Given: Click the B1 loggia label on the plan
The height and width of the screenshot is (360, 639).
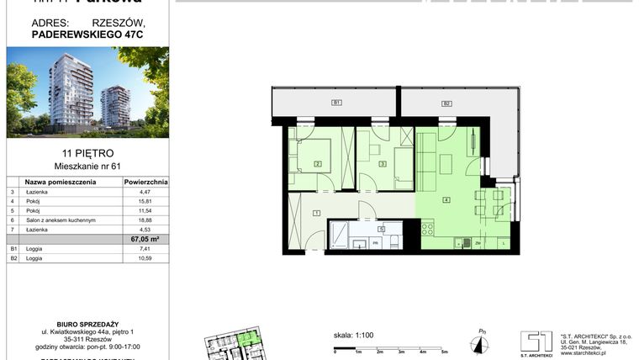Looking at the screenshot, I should (335, 103).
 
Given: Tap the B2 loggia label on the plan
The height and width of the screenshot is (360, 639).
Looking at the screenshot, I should (447, 103).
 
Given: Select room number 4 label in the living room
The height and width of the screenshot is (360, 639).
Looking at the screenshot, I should (447, 199).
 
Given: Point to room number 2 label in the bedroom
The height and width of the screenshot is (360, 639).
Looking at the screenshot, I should (318, 164).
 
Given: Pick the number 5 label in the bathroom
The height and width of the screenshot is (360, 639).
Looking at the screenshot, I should (381, 228).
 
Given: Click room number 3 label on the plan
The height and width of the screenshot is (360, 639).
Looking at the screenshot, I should (382, 164).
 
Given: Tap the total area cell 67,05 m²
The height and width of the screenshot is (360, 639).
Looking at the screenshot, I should (146, 238).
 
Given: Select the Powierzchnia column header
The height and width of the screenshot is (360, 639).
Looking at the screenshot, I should (146, 181).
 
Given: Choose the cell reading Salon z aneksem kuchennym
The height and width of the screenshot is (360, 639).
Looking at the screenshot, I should (61, 220).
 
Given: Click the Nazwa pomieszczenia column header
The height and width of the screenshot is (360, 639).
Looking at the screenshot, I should (58, 181).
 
